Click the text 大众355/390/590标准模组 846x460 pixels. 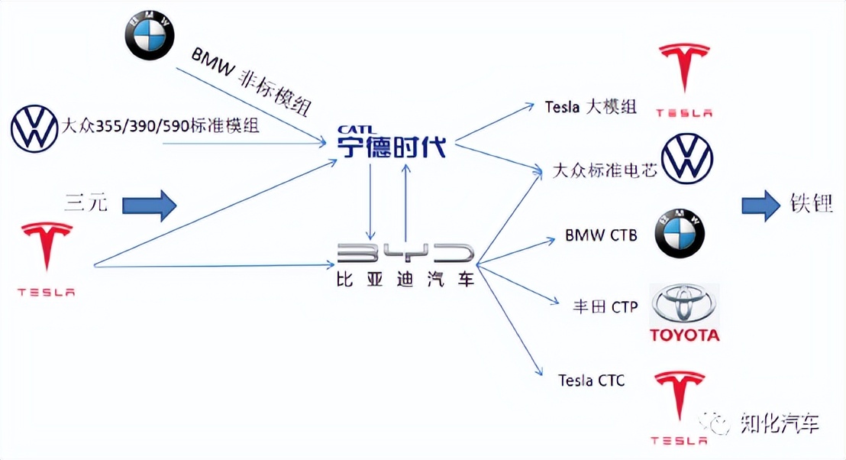(160, 125)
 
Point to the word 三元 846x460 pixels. (86, 203)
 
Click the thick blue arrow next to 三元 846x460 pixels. (150, 204)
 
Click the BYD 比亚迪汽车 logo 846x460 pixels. (405, 264)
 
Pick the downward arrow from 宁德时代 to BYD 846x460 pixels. (371, 201)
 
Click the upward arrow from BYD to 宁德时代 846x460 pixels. (406, 201)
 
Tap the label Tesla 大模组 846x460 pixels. (591, 107)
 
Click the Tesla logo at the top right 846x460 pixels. (685, 79)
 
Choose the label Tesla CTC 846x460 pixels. (591, 380)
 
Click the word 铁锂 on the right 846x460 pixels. (811, 204)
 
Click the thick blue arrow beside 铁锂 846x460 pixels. (758, 206)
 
